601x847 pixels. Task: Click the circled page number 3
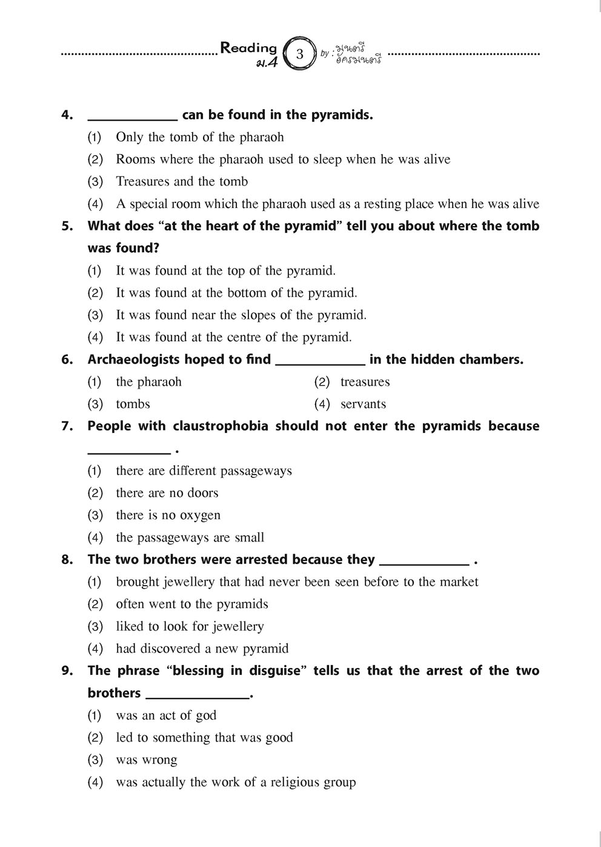(x=299, y=54)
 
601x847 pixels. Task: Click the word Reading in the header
(x=248, y=48)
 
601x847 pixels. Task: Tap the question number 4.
(x=67, y=115)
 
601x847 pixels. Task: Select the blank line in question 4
(x=133, y=119)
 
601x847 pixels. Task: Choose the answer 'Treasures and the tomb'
(x=182, y=181)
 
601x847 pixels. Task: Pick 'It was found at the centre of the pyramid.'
(x=233, y=337)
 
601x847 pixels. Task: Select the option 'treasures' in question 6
(x=365, y=382)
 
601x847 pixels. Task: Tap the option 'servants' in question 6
(x=363, y=404)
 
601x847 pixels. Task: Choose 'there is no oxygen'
(x=168, y=515)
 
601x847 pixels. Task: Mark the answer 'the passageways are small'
(x=190, y=537)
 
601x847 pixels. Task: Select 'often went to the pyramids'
(x=191, y=604)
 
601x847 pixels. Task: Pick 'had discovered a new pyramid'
(x=202, y=649)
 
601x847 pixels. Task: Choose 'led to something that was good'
(x=204, y=737)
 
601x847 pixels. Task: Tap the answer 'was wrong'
(x=146, y=760)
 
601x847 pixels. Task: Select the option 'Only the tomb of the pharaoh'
(x=199, y=137)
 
